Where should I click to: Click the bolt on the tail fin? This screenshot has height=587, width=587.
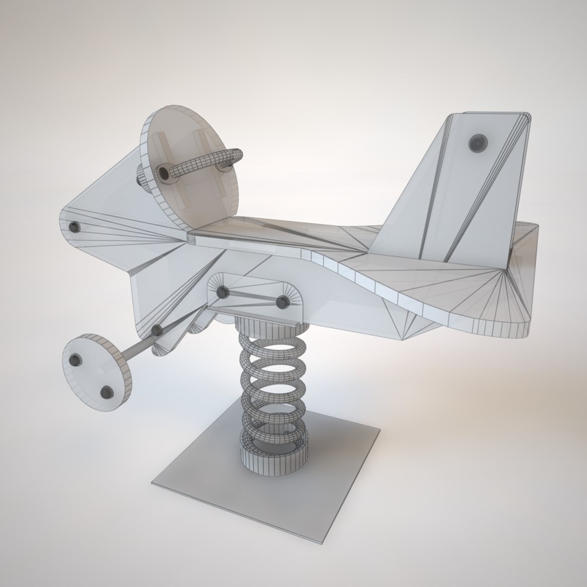coord(478,143)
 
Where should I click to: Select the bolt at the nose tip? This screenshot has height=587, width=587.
coord(74,227)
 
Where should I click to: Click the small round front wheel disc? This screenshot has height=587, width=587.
coord(97,372)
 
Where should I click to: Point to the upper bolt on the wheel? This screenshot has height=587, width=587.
coord(76,359)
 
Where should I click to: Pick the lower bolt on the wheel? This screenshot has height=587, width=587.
coord(107,391)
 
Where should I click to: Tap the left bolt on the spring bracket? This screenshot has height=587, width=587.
coord(222,292)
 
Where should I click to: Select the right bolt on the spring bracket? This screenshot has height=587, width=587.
coord(282,302)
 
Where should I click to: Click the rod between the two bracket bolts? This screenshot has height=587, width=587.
coord(252,297)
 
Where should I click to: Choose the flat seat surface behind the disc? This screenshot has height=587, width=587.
coord(272,231)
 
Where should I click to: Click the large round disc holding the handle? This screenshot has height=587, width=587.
coord(190,168)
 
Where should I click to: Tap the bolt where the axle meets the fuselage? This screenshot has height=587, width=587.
coord(157,330)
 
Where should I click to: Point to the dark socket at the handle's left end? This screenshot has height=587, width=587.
coord(163,173)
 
